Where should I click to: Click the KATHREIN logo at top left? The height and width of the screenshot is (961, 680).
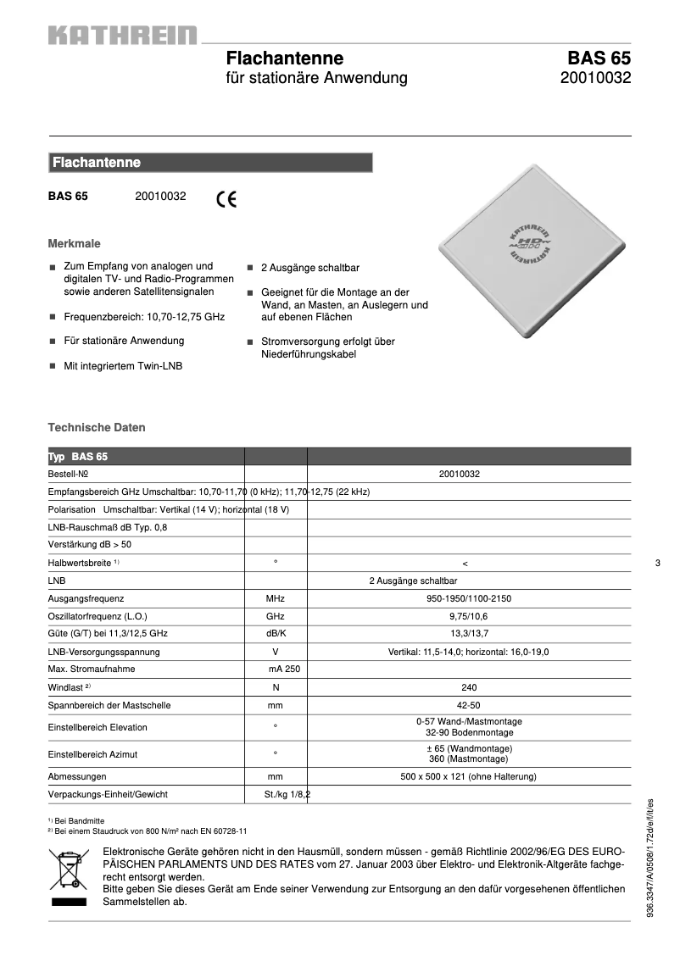pos(122,36)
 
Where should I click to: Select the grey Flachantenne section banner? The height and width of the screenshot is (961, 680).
pos(210,163)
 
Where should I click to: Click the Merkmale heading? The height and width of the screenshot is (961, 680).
pos(74,243)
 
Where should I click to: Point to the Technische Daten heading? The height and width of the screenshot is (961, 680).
pos(97,428)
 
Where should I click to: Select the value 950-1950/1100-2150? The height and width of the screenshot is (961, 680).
pos(468,598)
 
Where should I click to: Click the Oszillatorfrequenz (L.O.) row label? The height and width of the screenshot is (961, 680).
pos(103,616)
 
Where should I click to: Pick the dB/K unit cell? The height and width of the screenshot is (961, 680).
pos(276,634)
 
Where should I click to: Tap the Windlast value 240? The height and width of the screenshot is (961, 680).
pos(468,687)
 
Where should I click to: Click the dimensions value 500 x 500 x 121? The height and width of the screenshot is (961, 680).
pos(468,776)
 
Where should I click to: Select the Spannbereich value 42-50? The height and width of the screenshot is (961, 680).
pos(468,705)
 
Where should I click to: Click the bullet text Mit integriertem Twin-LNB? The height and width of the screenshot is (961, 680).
pos(123,367)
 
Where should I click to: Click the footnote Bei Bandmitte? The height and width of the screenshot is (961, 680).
pos(79,820)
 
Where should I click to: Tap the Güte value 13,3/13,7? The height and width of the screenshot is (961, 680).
pos(468,634)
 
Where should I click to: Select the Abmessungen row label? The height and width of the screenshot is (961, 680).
pos(77,776)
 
